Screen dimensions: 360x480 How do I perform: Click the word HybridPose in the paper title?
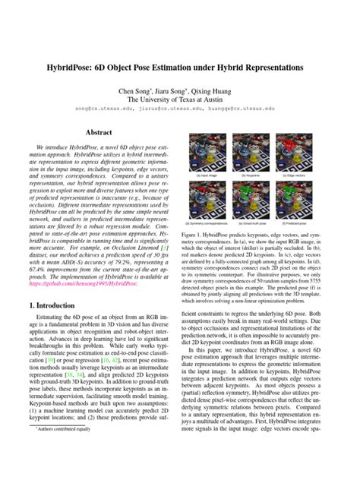pos(83,68)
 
